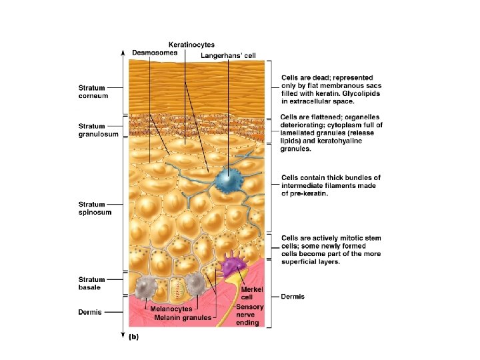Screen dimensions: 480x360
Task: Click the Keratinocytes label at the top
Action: [191, 45]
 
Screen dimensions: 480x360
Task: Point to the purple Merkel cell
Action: [234, 266]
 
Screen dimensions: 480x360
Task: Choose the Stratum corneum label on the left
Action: [93, 91]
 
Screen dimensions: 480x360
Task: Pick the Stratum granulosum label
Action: [98, 130]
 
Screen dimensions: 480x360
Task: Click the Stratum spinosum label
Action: [95, 208]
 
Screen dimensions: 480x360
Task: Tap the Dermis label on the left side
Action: [91, 312]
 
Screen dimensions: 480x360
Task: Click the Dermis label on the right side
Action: [293, 297]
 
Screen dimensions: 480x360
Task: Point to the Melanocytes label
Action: [171, 309]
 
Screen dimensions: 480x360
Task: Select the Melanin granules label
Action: [183, 317]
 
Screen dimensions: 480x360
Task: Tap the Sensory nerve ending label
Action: [251, 315]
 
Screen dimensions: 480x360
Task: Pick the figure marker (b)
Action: [133, 337]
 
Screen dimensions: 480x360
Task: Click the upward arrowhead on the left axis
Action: [121, 51]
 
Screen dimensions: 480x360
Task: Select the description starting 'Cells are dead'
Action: [327, 90]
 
